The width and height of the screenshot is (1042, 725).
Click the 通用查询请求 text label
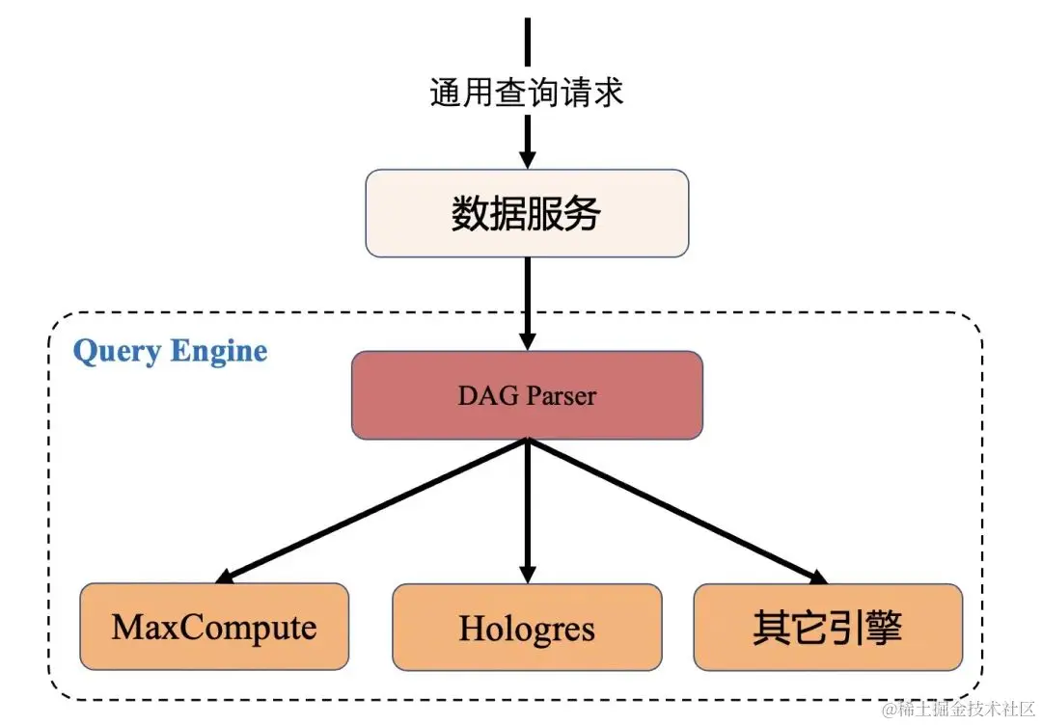[x=527, y=93]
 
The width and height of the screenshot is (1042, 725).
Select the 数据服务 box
[x=527, y=214]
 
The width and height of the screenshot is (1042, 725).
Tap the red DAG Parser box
[x=527, y=395]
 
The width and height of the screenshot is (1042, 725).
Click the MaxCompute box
[x=214, y=628]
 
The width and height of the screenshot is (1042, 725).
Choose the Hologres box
[x=527, y=628]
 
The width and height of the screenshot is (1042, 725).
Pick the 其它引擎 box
[x=828, y=628]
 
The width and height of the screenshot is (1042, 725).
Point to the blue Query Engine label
[x=170, y=351]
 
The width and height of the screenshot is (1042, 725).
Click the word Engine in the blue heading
[x=219, y=351]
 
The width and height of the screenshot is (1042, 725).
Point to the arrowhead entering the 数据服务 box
[x=527, y=160]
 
